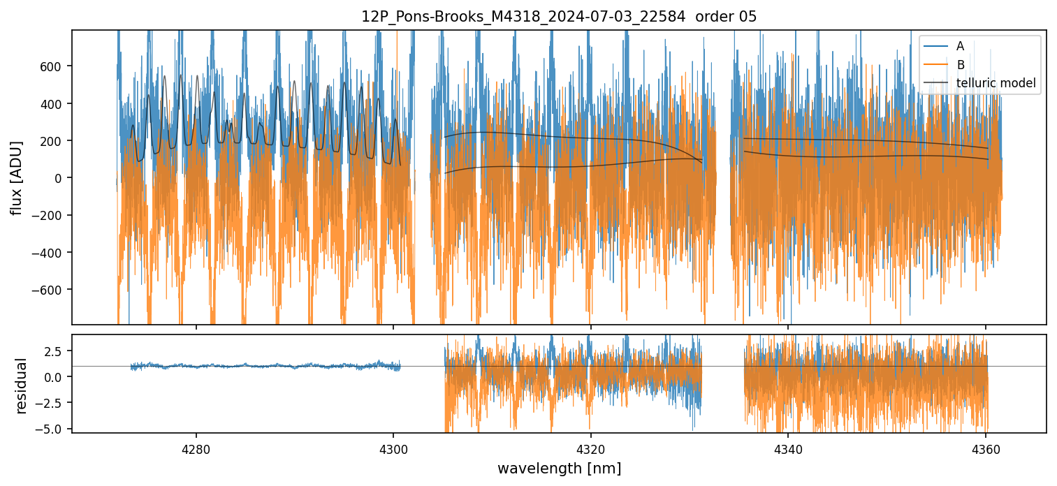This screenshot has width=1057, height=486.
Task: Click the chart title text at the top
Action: click(x=559, y=17)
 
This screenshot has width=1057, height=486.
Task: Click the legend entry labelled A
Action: click(x=960, y=46)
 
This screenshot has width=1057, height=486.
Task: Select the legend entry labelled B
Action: click(x=960, y=65)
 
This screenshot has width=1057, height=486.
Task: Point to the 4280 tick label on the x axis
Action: click(x=196, y=448)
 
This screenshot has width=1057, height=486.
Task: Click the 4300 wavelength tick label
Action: click(x=393, y=448)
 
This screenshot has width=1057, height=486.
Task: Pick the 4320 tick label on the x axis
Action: click(x=590, y=448)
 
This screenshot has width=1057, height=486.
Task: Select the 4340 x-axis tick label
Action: click(x=788, y=448)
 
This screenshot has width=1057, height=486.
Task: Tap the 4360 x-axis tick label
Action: click(x=985, y=448)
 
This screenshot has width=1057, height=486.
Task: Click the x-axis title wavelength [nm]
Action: click(x=559, y=468)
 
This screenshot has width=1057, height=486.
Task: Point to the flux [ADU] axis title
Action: click(x=16, y=177)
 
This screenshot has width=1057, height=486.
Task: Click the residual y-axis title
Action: click(x=22, y=385)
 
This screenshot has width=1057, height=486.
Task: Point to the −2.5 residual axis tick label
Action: click(x=52, y=403)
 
